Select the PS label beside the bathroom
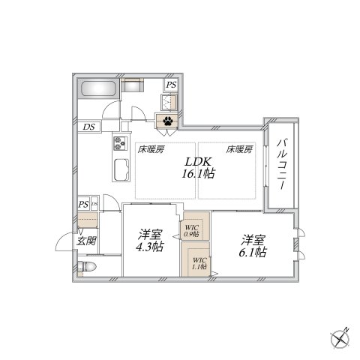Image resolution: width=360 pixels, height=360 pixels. tap(172, 85)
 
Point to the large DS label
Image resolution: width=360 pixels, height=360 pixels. tap(89, 127)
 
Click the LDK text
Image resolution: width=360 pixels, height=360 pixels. tap(198, 160)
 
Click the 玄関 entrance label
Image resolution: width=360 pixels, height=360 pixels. tap(87, 241)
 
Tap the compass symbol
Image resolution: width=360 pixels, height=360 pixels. tap(341, 338)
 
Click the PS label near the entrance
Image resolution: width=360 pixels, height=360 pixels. tap(82, 204)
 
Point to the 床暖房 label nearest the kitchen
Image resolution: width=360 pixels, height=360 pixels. tap(149, 148)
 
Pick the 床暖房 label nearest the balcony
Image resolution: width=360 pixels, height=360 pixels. tap(239, 148)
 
